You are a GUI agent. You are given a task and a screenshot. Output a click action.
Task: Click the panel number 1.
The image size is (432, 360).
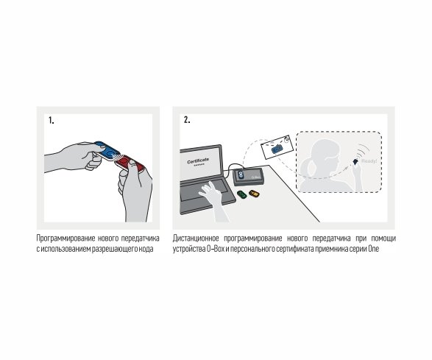[52, 121]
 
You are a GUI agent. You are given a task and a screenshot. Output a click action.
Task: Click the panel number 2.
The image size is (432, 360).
[187, 120]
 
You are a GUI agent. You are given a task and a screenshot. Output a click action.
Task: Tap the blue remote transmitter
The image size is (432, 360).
[107, 150]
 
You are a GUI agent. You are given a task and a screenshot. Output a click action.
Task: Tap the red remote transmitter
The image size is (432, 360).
[130, 163]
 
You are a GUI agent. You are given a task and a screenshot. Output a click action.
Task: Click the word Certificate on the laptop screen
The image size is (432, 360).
[198, 160]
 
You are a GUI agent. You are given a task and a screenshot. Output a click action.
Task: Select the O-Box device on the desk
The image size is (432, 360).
[248, 177]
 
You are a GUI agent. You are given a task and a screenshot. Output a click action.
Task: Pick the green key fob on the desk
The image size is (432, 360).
[241, 194]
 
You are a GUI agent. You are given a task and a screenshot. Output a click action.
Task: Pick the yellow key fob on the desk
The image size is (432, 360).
[254, 194]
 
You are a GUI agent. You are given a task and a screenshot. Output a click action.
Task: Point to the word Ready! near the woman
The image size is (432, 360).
[369, 161]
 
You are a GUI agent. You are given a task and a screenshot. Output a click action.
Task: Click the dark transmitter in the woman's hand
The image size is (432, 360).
[355, 161]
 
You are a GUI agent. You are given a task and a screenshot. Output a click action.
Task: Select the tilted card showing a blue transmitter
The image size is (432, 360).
[277, 147]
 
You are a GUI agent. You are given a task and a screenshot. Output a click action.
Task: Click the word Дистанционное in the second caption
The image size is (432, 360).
[196, 238]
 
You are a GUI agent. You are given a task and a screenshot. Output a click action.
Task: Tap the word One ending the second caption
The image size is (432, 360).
[374, 249]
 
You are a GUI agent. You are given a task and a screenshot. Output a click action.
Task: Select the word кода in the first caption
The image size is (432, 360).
[146, 249]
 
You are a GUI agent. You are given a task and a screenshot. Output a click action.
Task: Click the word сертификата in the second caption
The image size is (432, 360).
[295, 249]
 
